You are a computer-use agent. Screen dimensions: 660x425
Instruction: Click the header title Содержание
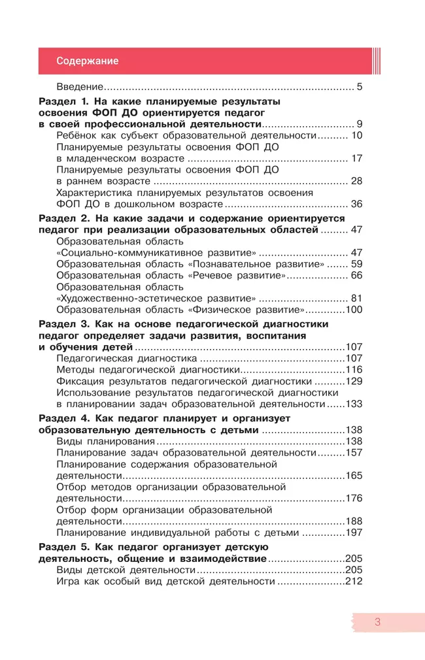point(87,61)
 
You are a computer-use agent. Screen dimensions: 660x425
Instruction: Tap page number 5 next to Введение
point(359,87)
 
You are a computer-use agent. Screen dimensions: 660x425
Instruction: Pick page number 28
point(356,180)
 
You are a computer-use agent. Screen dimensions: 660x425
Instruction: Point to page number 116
point(353,370)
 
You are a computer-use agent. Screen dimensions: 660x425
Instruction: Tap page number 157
point(353,453)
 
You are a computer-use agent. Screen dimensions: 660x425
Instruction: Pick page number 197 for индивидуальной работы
point(353,533)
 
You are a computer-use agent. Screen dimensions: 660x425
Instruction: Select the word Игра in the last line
point(69,582)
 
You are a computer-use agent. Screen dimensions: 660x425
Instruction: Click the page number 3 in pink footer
point(377,622)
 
